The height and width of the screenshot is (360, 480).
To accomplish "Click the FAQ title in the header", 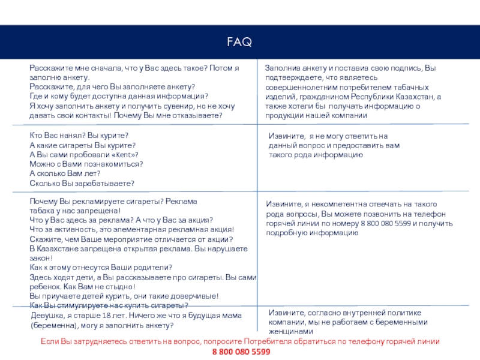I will pyautogui.click(x=239, y=43).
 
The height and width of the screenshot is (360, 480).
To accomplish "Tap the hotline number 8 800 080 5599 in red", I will pyautogui.click(x=240, y=352).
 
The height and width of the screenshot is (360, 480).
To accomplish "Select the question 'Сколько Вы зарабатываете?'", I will pyautogui.click(x=82, y=183).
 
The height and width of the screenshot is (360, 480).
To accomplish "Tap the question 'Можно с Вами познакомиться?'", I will pyautogui.click(x=86, y=164).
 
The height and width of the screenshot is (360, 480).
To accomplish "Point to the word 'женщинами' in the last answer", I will pyautogui.click(x=291, y=331).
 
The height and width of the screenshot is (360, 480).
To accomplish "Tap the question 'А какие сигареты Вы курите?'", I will pyautogui.click(x=82, y=145).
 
